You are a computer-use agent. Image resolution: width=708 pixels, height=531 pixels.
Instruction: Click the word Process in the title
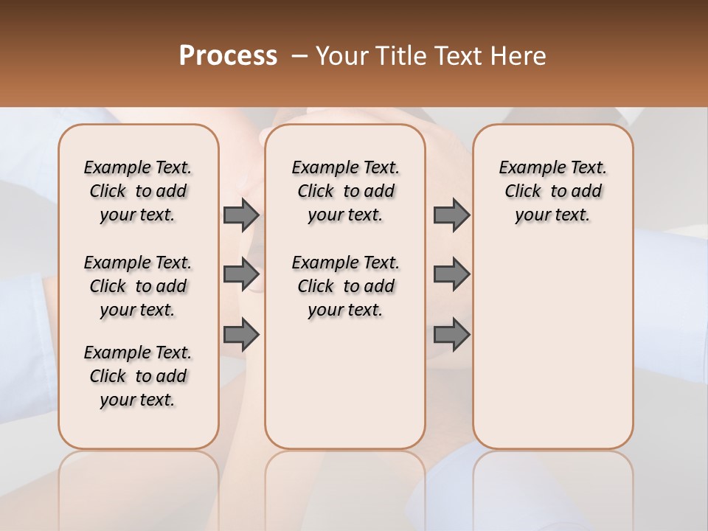click(x=228, y=55)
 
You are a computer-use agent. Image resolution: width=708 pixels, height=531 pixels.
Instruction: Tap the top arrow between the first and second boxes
click(x=241, y=215)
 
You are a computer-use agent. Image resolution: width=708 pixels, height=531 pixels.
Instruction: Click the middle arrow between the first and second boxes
click(x=241, y=275)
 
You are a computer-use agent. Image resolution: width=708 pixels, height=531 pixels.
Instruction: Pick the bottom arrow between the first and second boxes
click(x=241, y=335)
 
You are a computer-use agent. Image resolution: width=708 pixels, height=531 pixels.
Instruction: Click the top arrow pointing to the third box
click(x=451, y=215)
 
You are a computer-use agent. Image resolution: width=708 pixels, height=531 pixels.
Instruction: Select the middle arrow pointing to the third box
click(x=451, y=275)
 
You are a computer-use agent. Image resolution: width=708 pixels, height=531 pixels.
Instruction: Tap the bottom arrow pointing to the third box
click(x=451, y=335)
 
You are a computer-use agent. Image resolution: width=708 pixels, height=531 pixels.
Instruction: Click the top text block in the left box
click(x=138, y=191)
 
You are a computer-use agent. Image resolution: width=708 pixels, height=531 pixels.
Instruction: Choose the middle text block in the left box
click(x=138, y=286)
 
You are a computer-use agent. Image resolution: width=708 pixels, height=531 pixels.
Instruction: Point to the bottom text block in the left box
click(x=138, y=376)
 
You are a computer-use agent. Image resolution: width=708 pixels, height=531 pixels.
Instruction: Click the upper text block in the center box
click(x=345, y=191)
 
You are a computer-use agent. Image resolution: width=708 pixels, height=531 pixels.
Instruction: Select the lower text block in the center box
click(x=345, y=286)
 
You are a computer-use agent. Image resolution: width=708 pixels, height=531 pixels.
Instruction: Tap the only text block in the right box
click(x=552, y=191)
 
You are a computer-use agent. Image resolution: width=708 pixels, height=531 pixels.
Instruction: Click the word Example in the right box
click(x=527, y=168)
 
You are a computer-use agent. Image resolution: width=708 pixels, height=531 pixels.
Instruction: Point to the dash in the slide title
click(x=299, y=56)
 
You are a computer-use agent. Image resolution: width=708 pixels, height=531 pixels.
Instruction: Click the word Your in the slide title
click(x=341, y=56)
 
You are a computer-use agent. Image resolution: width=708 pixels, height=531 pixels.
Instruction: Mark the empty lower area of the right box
click(x=552, y=347)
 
